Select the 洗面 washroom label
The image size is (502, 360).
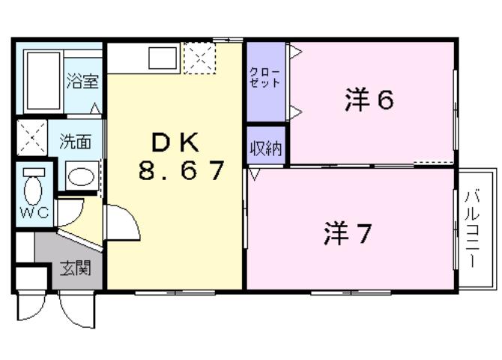click(x=76, y=140)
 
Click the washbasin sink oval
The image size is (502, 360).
click(x=80, y=178)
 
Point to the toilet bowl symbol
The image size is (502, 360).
click(x=34, y=183)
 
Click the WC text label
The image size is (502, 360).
click(x=34, y=212)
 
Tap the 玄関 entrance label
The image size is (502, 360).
click(x=75, y=268)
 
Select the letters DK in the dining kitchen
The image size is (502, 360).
click(x=176, y=141)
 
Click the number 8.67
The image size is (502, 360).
click(x=181, y=172)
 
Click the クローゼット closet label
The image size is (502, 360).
click(x=265, y=78)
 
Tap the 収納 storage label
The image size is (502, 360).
click(x=266, y=148)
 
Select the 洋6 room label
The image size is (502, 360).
click(x=369, y=100)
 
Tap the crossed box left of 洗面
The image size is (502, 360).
click(x=32, y=136)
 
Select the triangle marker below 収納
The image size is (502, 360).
click(x=255, y=175)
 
